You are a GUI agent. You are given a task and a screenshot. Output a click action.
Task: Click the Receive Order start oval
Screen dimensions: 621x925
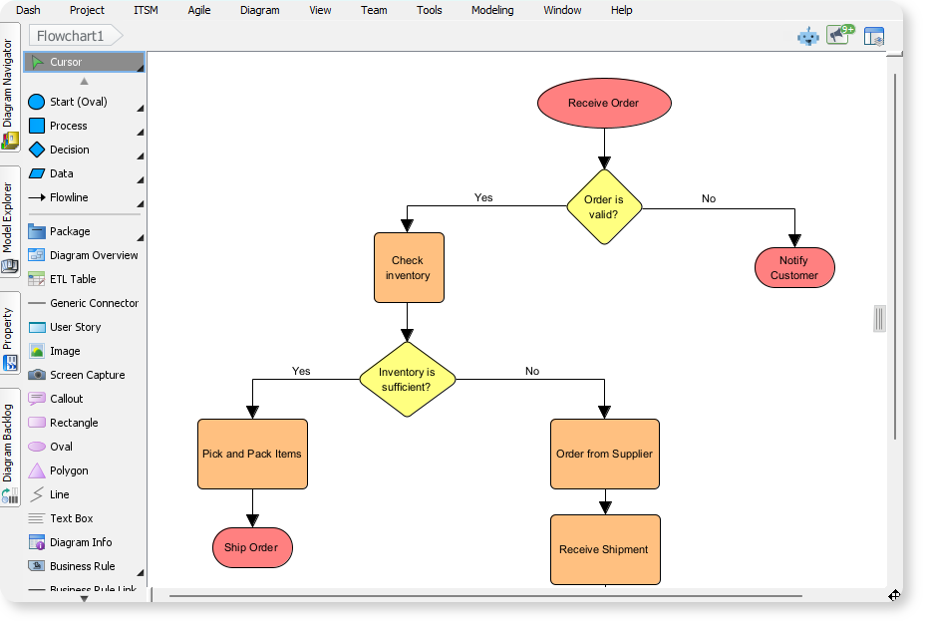tap(603, 103)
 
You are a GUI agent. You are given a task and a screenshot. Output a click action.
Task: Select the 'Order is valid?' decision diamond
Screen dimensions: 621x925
tap(603, 206)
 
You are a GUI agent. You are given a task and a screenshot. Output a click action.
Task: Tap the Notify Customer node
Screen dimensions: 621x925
tap(793, 268)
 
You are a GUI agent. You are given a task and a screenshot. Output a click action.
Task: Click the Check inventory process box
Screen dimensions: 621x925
tap(409, 267)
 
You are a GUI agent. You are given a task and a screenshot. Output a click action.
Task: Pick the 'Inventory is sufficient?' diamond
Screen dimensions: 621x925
tap(407, 379)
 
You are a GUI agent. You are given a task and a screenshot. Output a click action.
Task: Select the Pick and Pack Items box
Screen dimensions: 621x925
tap(252, 454)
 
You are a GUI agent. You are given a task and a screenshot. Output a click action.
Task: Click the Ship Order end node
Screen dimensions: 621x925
tap(251, 547)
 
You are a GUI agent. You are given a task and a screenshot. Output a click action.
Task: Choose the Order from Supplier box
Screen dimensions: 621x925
tap(604, 454)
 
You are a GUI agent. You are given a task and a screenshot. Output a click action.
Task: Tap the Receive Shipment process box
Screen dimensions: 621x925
tap(604, 549)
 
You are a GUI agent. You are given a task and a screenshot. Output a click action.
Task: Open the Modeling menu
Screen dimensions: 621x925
tap(492, 10)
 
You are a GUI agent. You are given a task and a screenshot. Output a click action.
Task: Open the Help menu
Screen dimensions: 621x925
tap(621, 10)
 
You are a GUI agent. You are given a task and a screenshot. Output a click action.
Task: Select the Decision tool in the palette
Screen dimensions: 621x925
tap(69, 150)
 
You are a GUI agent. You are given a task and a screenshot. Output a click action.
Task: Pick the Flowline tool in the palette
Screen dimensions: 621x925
tap(69, 197)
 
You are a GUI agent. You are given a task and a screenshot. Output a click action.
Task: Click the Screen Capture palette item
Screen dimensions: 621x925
tap(87, 375)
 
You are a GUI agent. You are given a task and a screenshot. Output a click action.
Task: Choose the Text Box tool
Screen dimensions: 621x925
tap(71, 518)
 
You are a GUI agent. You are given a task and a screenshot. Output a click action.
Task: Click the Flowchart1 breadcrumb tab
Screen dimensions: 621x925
tap(72, 36)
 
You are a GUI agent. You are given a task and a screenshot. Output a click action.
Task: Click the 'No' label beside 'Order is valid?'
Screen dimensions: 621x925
tap(708, 198)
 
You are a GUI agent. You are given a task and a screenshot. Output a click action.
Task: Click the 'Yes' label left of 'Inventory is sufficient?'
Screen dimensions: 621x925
tap(301, 371)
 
